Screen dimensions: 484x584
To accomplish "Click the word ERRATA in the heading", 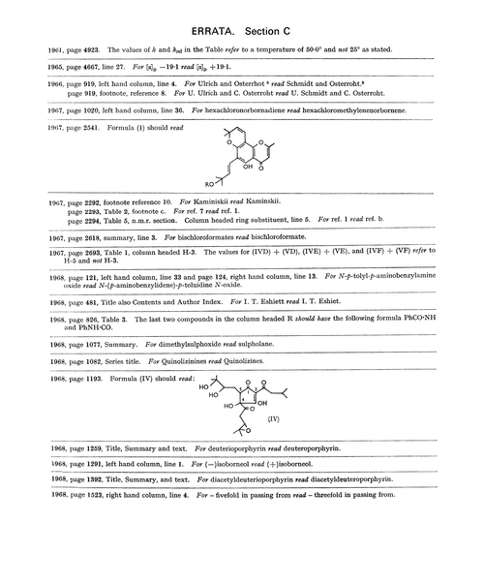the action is coord(205,22).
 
